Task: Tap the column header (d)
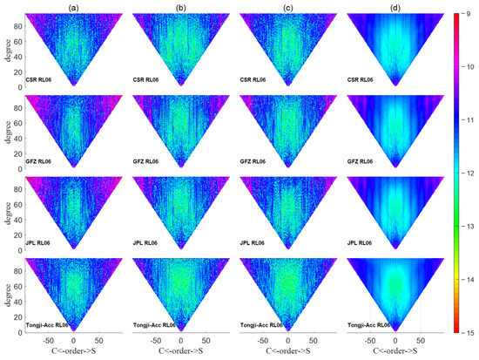tap(395, 6)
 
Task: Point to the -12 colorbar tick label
tap(469, 173)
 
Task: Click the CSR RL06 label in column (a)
tap(41, 80)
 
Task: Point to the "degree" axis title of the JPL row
tap(7, 214)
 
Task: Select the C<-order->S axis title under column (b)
tap(180, 352)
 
